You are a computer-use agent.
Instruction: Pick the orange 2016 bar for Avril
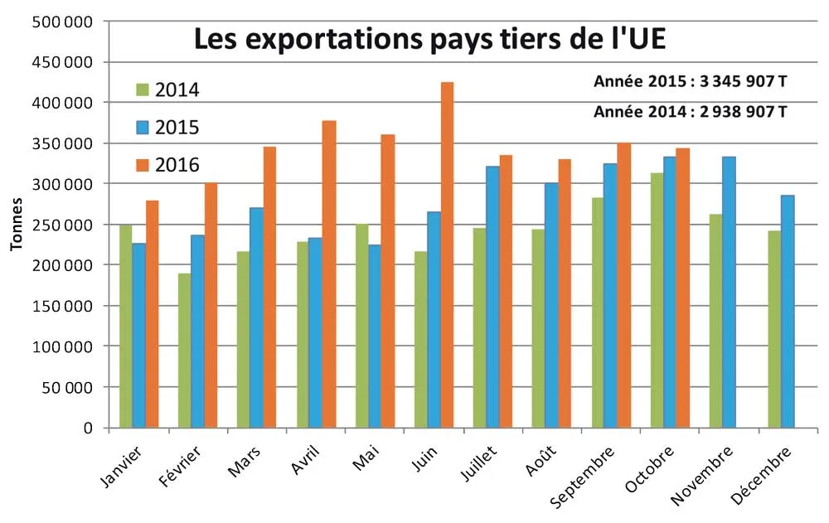click(x=329, y=274)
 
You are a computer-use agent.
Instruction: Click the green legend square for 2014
click(x=142, y=89)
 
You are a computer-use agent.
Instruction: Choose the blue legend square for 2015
click(x=142, y=127)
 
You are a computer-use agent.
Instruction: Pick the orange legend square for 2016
click(x=142, y=164)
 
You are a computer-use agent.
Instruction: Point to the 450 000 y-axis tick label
click(x=64, y=62)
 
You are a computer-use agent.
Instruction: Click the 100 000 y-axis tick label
click(x=64, y=346)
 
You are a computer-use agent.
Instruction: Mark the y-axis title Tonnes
click(x=16, y=224)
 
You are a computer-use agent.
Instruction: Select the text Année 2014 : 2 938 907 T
click(x=691, y=111)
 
